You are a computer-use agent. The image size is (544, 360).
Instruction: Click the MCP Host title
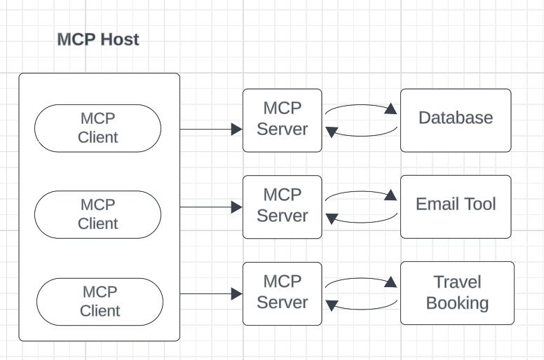click(97, 40)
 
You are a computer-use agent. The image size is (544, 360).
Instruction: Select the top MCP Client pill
click(98, 128)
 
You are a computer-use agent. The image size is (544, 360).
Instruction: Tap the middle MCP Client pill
click(98, 214)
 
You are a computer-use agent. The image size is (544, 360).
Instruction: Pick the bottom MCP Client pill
click(99, 301)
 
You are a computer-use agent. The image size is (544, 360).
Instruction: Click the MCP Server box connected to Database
click(283, 120)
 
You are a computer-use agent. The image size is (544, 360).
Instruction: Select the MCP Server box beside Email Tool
click(283, 207)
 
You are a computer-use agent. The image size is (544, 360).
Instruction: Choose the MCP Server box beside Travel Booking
click(283, 293)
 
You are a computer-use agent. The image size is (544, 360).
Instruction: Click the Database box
click(456, 120)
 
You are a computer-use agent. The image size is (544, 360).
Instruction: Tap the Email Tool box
click(456, 207)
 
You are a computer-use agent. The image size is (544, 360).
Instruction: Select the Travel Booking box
click(457, 293)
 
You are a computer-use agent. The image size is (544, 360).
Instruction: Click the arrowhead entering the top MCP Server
click(237, 130)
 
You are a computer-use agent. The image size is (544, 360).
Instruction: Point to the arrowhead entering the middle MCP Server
click(237, 207)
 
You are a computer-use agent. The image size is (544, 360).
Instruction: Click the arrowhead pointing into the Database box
click(391, 109)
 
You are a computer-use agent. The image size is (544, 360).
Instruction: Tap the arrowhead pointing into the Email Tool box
click(391, 195)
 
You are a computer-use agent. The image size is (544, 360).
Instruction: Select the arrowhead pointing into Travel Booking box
click(391, 282)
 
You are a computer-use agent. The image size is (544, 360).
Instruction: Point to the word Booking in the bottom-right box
click(457, 303)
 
